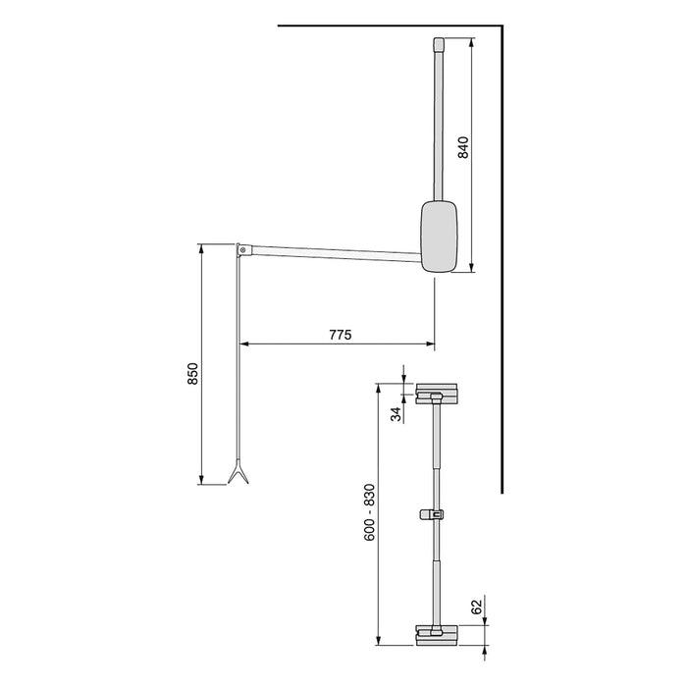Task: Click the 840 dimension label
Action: (464, 148)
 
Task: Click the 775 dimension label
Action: (340, 334)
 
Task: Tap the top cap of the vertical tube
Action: (439, 45)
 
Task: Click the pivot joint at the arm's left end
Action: (239, 248)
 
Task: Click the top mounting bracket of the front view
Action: (437, 394)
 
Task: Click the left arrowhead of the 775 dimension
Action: (242, 343)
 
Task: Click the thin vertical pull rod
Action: (238, 363)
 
